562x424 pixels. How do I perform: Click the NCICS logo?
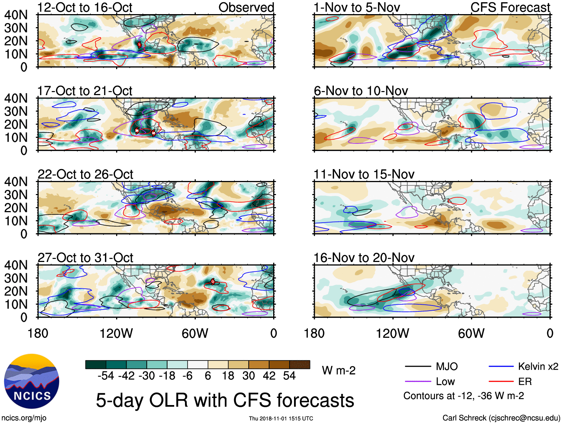[32, 381]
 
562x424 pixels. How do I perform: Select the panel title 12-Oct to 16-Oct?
[85, 7]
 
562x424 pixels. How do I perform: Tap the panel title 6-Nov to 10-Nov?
[361, 91]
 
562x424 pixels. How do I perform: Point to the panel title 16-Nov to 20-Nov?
[364, 258]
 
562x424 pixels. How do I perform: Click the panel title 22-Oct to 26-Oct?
[85, 174]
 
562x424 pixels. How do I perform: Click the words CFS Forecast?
[510, 7]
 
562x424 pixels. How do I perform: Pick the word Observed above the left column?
[246, 7]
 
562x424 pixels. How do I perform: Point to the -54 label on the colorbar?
[106, 376]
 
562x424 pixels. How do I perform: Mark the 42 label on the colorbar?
[269, 376]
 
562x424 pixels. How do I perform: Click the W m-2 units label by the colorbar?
[339, 370]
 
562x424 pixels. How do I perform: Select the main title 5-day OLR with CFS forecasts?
[225, 401]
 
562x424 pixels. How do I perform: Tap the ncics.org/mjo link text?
[24, 418]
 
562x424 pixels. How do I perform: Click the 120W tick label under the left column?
[116, 333]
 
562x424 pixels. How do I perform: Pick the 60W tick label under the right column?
[471, 333]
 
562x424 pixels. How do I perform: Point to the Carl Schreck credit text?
[501, 418]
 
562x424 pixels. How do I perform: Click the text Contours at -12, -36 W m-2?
[463, 396]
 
